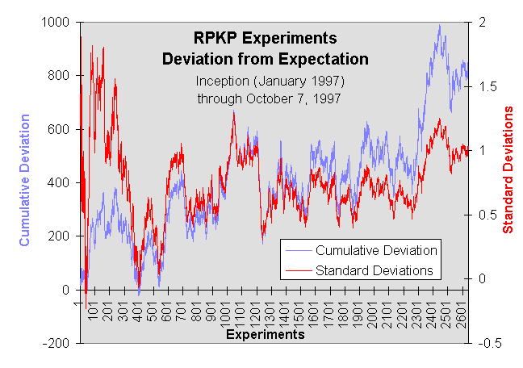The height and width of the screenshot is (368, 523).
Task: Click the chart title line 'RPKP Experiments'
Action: pos(265,39)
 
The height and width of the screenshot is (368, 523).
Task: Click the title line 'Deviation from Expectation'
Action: pos(265,59)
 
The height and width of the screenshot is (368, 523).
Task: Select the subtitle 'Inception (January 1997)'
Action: pos(270,82)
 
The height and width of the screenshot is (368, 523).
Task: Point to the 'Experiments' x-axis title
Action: pos(265,333)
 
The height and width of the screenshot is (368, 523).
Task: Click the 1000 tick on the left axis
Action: pos(56,23)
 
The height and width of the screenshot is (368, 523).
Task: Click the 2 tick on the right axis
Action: pos(483,23)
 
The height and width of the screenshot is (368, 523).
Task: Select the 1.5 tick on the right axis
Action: pos(487,86)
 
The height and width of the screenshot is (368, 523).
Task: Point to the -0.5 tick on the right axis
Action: pos(488,343)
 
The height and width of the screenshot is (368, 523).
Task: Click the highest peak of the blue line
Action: pos(439,26)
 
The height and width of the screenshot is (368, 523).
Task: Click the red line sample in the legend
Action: pos(298,269)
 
